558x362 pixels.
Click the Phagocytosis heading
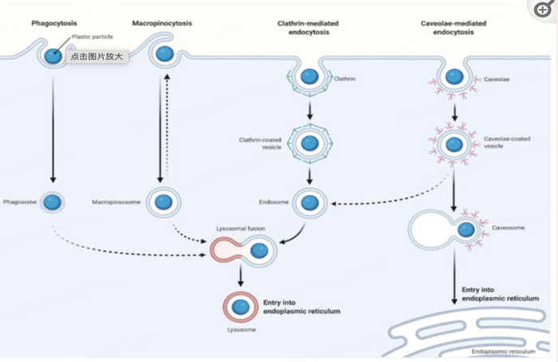[53, 23]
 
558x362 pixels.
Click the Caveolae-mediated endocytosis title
[454, 28]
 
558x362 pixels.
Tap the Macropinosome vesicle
[163, 202]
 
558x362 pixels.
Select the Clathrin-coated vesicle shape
[308, 142]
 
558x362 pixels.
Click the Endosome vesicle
[308, 202]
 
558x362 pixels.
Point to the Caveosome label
[508, 228]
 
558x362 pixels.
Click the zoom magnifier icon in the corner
[543, 10]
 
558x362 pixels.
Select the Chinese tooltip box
[98, 57]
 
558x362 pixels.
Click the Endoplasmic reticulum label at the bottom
[503, 352]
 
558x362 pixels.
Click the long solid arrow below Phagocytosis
[53, 128]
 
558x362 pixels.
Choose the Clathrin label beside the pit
[344, 79]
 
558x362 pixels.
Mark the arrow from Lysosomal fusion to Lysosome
[240, 276]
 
